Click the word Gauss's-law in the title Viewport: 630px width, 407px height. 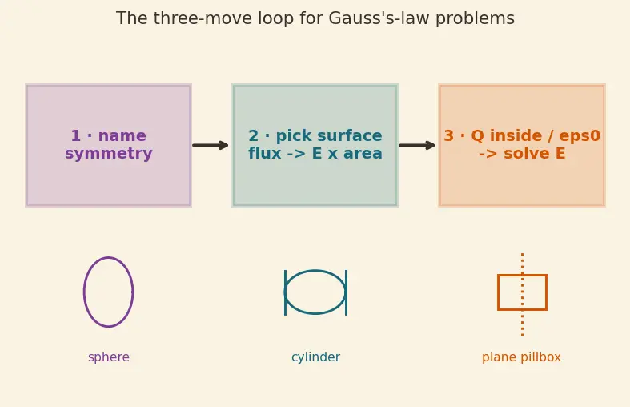379,18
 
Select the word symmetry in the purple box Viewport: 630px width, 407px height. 109,154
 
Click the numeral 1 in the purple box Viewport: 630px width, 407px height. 75,135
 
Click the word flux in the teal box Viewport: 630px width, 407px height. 264,153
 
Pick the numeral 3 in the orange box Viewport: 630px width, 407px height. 448,135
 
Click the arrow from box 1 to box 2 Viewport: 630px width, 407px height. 211,145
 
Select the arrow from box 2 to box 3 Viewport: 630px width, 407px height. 417,145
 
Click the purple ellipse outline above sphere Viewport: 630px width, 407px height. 83,292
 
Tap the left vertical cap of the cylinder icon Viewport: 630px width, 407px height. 285,292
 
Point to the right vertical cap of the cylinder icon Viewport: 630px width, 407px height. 347,292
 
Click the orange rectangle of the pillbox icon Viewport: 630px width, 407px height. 498,292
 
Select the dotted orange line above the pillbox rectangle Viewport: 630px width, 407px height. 522,264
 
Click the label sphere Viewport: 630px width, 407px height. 109,357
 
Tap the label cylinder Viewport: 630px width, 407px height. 316,357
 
